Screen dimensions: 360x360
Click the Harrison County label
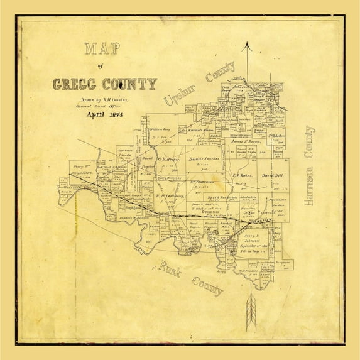click(308, 166)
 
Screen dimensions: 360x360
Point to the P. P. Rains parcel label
click(243, 176)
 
